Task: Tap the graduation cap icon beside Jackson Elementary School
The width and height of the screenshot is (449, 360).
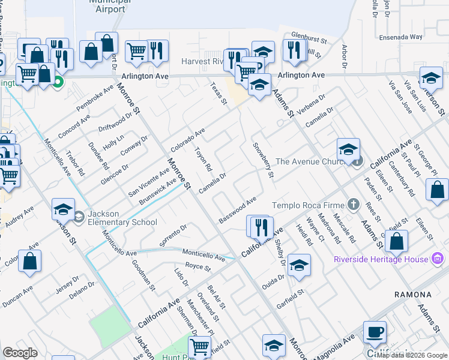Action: [64, 209]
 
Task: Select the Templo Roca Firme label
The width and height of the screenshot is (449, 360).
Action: [310, 205]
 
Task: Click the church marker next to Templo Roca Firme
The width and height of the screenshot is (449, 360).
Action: [354, 205]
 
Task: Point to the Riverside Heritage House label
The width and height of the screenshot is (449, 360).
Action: [382, 259]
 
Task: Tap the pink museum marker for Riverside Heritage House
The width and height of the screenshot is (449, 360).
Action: [438, 259]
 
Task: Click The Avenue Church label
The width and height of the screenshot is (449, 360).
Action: [312, 161]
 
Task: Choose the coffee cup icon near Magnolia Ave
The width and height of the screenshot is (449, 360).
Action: [375, 332]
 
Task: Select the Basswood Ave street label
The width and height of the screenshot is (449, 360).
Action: [238, 210]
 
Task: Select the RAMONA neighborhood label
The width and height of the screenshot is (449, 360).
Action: [413, 295]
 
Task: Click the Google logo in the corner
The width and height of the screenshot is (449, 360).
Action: [20, 353]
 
